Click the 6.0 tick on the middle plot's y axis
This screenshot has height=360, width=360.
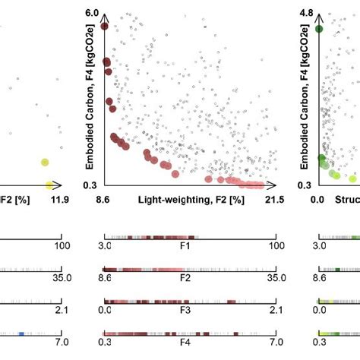click(91, 14)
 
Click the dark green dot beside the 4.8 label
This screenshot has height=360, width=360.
click(320, 29)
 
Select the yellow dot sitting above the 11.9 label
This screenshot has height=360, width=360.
click(49, 185)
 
